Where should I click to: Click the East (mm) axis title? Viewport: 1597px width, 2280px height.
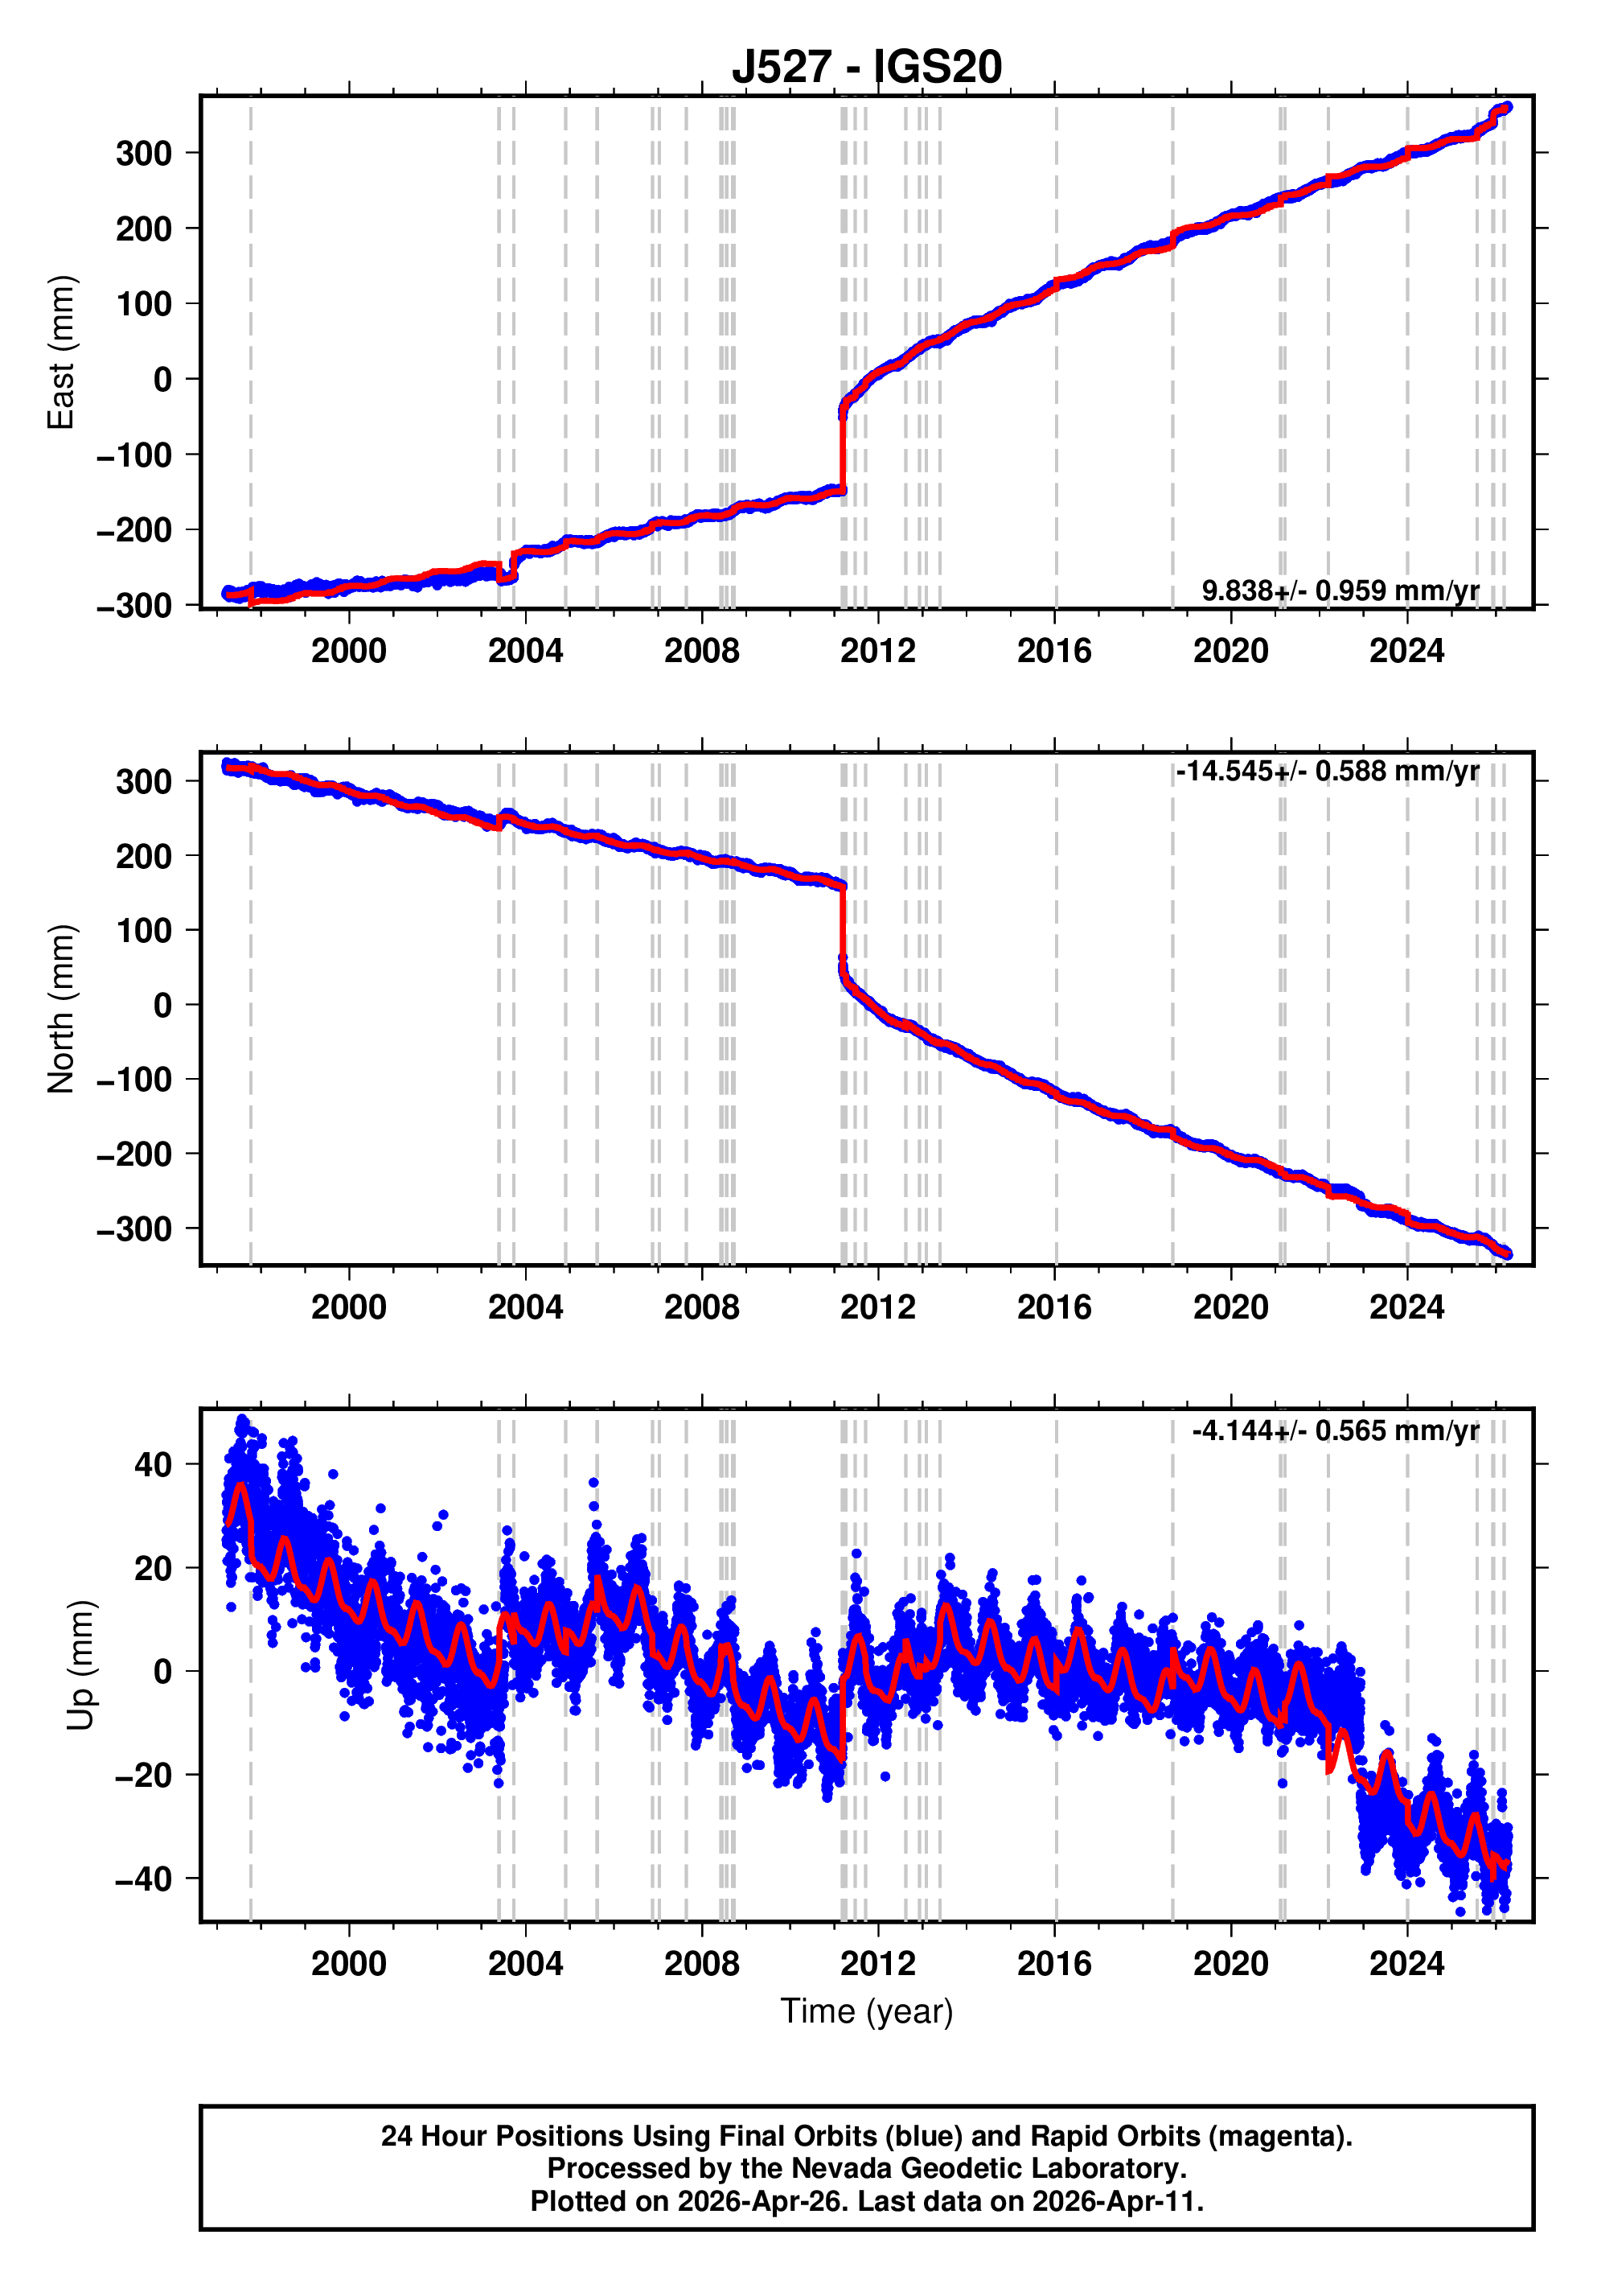click(x=60, y=352)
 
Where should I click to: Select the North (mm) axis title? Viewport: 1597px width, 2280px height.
click(x=60, y=1009)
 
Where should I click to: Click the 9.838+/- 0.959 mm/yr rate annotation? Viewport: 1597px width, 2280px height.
click(x=1340, y=591)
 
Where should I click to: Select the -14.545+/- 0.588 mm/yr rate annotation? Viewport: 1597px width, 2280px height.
click(x=1327, y=771)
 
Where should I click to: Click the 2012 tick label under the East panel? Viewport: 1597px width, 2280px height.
click(x=877, y=652)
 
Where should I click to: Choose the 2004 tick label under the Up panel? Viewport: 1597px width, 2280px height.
click(x=525, y=1964)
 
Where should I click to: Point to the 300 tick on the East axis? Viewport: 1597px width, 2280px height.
click(x=144, y=154)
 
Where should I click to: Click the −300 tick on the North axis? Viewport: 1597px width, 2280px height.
click(x=134, y=1229)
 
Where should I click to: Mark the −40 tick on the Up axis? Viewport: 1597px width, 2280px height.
click(x=143, y=1879)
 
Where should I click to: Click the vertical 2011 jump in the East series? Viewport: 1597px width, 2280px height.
click(x=843, y=447)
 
